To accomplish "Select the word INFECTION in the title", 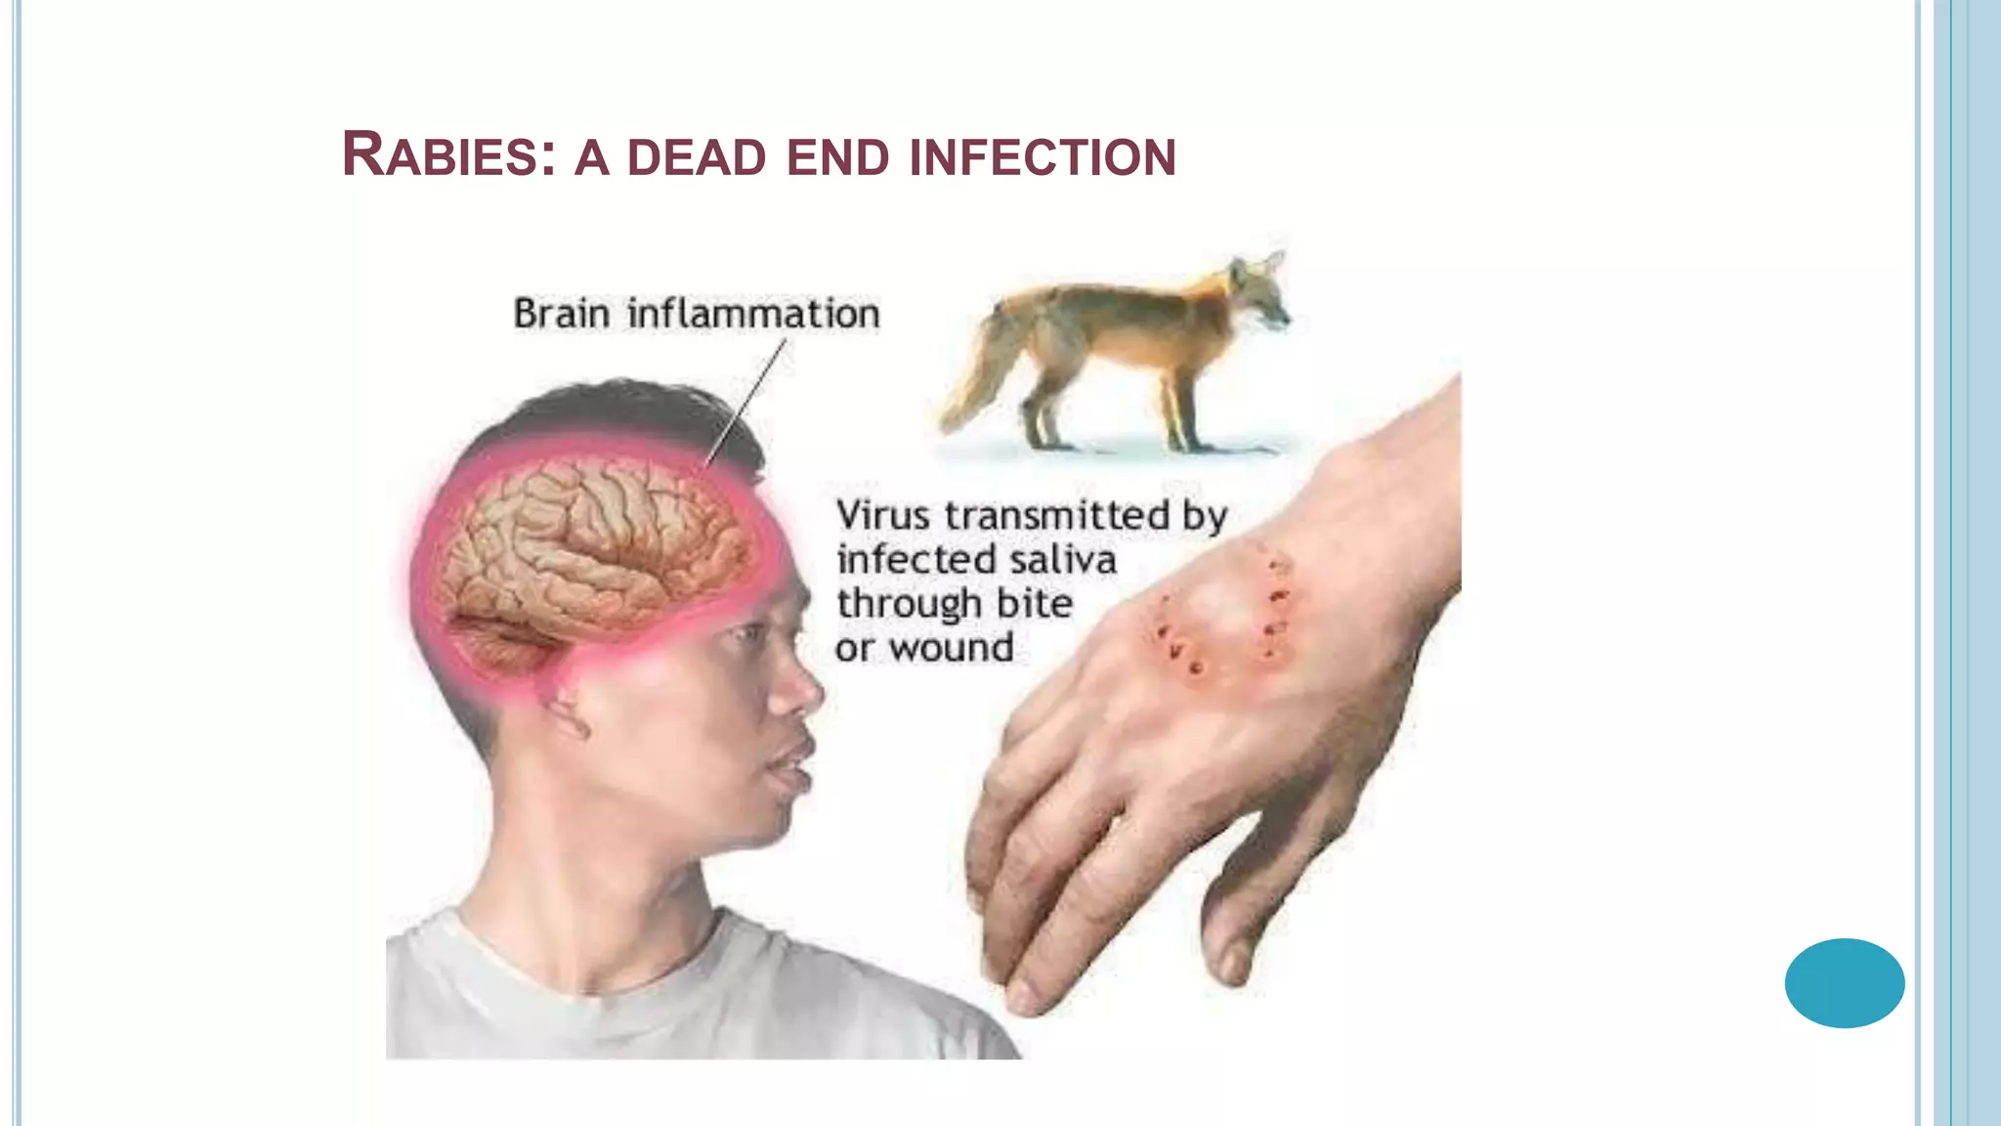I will point(1043,159).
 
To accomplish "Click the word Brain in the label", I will point(562,315).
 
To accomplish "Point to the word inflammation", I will point(753,315).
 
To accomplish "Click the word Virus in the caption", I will point(882,515).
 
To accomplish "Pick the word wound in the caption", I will point(952,648).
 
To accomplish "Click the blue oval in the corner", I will point(1844,982).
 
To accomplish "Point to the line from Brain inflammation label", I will point(747,401).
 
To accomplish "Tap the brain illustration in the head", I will point(586,547).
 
